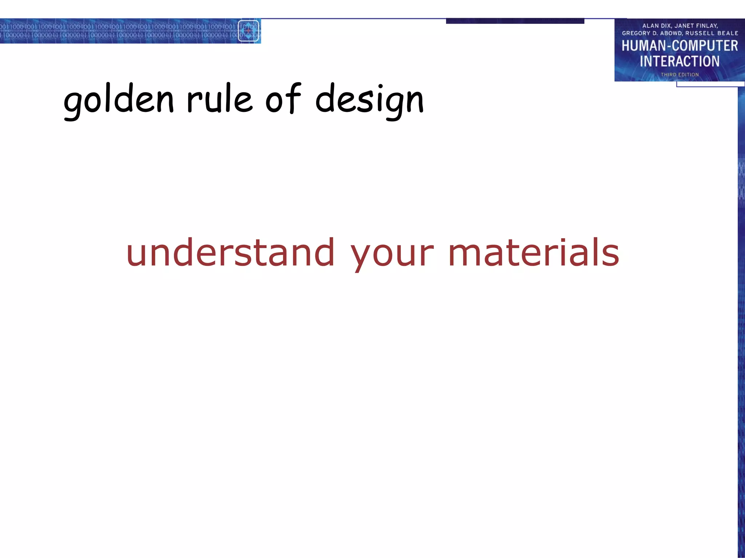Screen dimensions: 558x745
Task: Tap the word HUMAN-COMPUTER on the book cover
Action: [x=680, y=46]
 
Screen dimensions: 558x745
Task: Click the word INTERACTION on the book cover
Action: [x=680, y=61]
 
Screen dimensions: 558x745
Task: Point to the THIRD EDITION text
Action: [x=680, y=74]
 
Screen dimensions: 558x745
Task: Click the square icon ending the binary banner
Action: [x=248, y=31]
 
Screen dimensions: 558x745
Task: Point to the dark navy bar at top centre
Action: [x=515, y=21]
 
